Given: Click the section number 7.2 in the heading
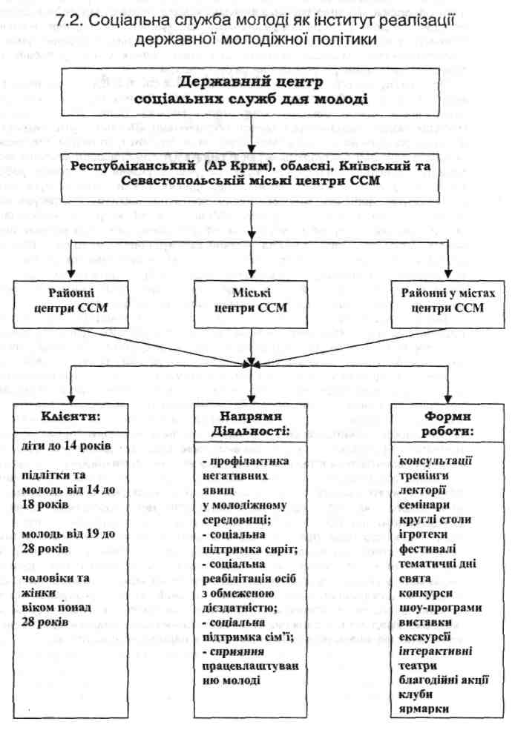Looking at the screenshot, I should click(70, 21).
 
